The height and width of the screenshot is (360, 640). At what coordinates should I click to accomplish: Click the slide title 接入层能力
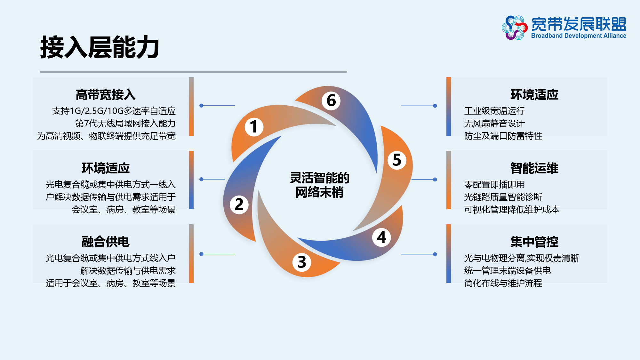point(100,47)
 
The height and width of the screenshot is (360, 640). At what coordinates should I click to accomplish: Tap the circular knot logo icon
point(514,28)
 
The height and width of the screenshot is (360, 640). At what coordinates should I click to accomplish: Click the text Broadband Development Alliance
point(579,36)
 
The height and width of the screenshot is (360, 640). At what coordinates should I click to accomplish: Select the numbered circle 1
point(254,127)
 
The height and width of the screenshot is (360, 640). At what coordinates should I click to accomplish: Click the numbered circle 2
point(239,204)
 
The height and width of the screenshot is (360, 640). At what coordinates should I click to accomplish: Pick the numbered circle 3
point(302,262)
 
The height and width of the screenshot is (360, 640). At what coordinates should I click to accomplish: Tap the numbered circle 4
point(381,237)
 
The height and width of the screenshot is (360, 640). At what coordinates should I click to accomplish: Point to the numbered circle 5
point(397,160)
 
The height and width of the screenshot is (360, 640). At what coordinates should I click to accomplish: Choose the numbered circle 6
point(331,100)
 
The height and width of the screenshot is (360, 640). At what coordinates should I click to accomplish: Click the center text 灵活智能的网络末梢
point(319,185)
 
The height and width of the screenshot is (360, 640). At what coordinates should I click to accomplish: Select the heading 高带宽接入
point(106,95)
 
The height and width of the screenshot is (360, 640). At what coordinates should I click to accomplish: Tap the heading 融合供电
point(106,242)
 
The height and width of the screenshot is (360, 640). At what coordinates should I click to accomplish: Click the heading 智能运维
point(534,168)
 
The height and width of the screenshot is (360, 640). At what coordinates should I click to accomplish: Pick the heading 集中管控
point(534,242)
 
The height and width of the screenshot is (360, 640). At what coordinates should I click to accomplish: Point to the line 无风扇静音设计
point(494,124)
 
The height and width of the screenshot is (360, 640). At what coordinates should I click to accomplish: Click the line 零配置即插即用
point(494,185)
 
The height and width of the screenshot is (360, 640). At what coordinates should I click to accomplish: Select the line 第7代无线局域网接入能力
point(125,124)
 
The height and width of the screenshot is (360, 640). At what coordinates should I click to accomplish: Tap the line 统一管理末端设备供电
point(507,271)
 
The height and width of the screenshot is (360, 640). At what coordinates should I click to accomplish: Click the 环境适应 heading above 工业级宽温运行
point(534,95)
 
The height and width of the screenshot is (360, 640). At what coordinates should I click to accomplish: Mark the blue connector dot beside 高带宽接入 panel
point(201,106)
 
